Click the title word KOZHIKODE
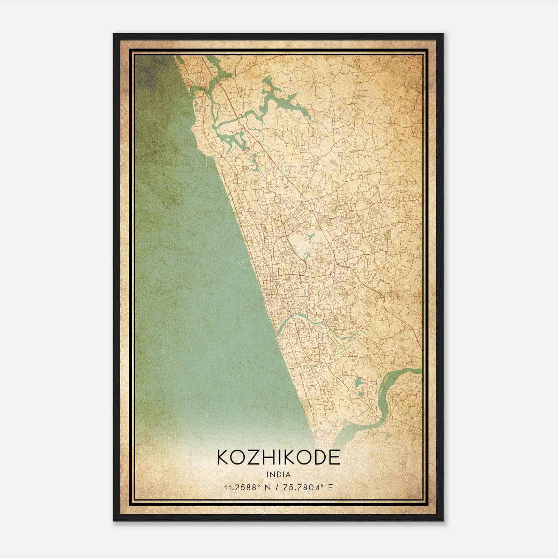pos(279,457)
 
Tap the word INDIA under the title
pos(279,475)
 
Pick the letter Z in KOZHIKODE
pos(250,457)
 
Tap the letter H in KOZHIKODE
pos(265,457)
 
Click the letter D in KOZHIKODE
pos(317,457)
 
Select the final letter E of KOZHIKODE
pos(334,457)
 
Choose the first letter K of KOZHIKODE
pos(224,457)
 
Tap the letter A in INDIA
pos(289,475)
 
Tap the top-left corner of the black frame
pos(114,34)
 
